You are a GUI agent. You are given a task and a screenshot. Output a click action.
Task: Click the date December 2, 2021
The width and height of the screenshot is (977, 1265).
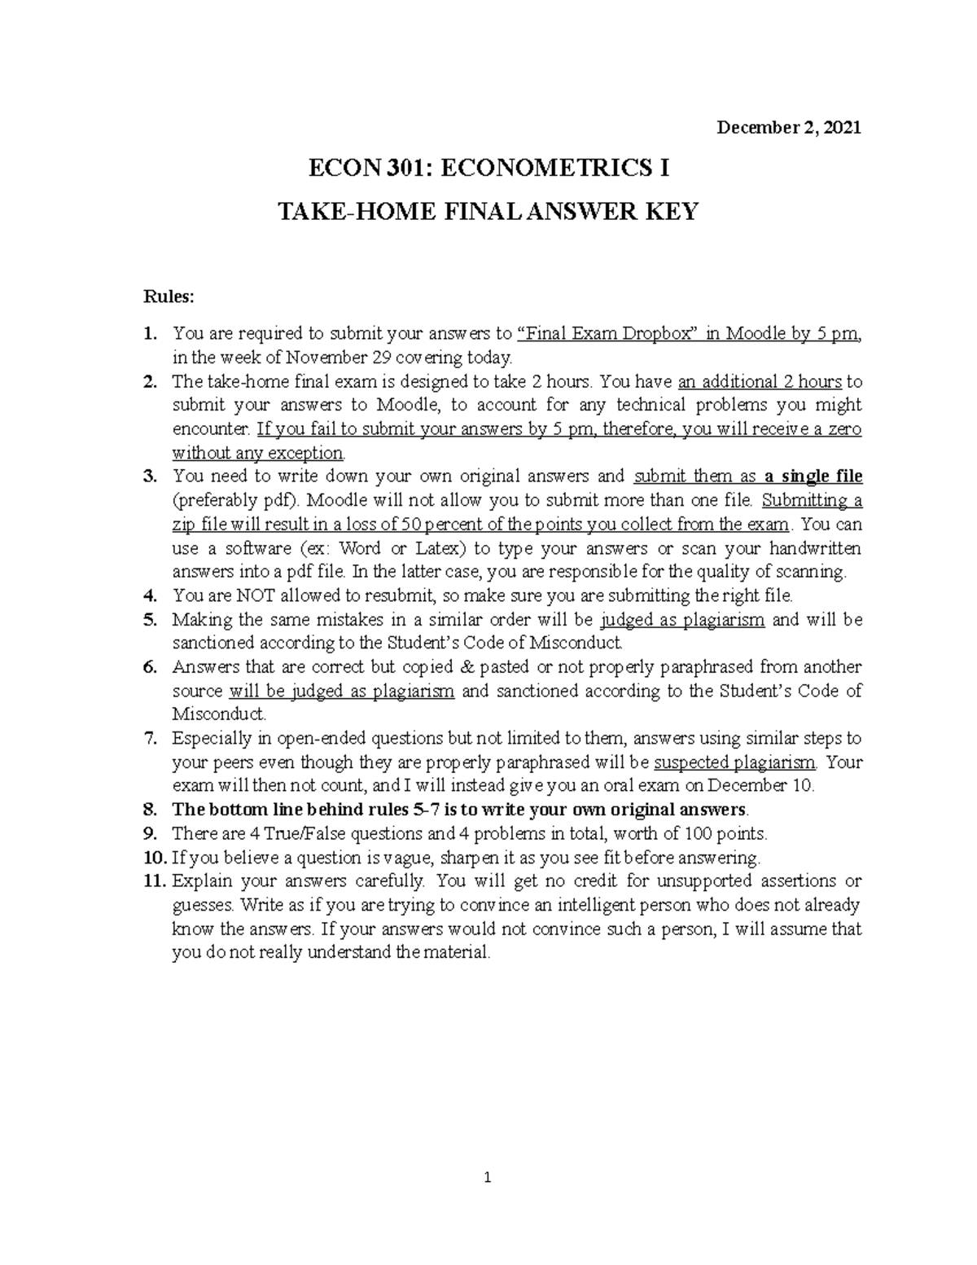787,128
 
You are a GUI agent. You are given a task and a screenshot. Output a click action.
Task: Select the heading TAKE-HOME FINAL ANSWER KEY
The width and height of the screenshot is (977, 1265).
488,212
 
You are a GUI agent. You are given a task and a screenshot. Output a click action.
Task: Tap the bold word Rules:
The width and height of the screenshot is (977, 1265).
169,297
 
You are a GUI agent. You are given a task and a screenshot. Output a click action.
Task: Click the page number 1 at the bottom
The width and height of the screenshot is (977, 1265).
487,1177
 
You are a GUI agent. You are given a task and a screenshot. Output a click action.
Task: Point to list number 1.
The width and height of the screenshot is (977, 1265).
148,333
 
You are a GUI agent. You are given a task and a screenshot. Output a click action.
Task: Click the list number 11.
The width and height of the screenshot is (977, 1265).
155,881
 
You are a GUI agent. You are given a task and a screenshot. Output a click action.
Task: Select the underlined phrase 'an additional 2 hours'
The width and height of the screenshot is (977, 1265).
760,381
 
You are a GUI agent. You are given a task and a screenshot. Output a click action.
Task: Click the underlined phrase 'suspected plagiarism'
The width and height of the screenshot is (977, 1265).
738,762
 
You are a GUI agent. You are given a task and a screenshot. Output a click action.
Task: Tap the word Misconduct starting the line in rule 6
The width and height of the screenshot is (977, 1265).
218,714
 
